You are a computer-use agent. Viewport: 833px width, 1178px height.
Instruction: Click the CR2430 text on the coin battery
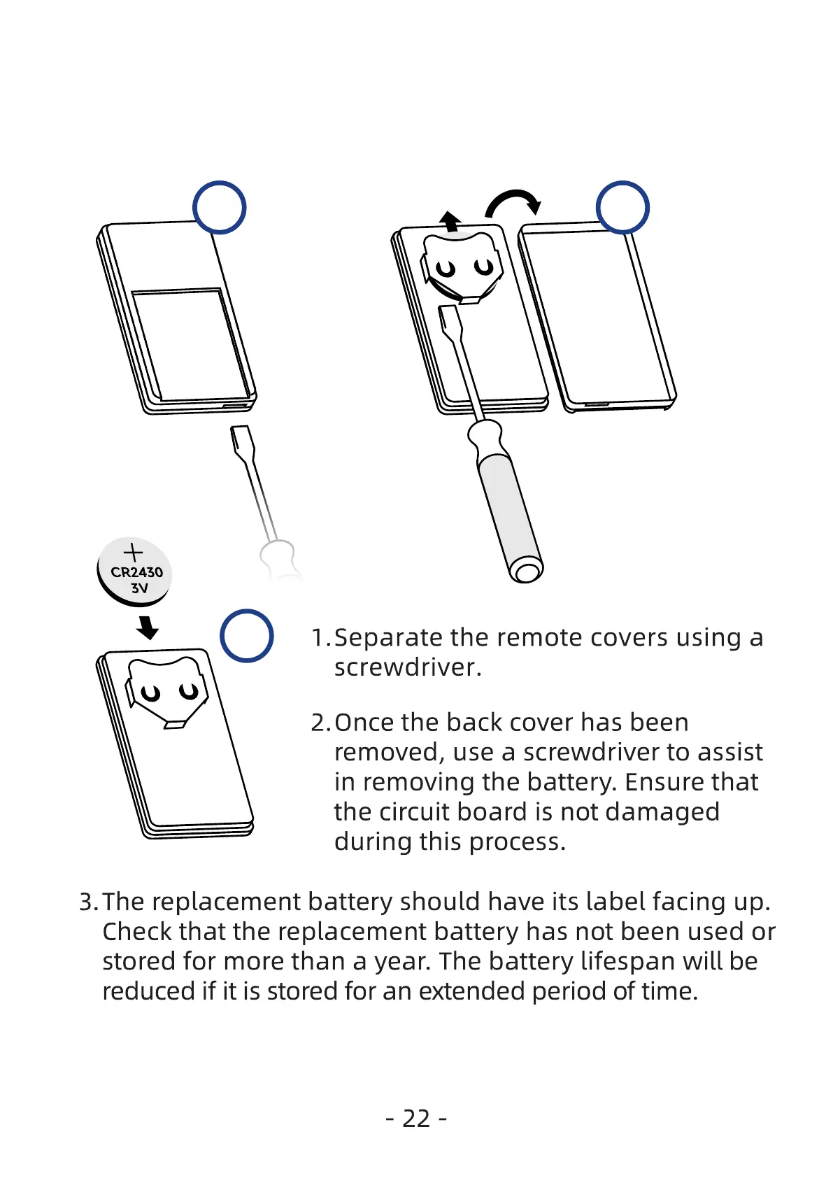click(136, 572)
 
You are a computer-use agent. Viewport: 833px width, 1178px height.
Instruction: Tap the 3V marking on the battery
click(140, 588)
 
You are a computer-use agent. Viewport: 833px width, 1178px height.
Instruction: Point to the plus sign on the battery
click(133, 553)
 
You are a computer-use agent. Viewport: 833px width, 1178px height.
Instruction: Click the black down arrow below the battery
click(148, 627)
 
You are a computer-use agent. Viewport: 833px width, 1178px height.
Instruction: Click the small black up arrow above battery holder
click(451, 221)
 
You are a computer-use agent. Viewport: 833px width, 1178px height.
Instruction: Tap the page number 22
click(416, 1119)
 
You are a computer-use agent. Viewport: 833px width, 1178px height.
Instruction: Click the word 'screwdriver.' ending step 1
click(408, 667)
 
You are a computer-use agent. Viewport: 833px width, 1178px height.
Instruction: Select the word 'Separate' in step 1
click(388, 638)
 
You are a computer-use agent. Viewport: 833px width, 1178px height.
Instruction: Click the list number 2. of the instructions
click(320, 723)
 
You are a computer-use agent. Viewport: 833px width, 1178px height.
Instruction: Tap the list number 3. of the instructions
click(88, 902)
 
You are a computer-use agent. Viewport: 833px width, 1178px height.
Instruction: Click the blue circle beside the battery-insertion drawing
click(246, 636)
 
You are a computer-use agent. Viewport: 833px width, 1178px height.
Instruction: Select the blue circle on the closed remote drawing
click(219, 208)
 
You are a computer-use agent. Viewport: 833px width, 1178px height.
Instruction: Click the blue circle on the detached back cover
click(622, 207)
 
